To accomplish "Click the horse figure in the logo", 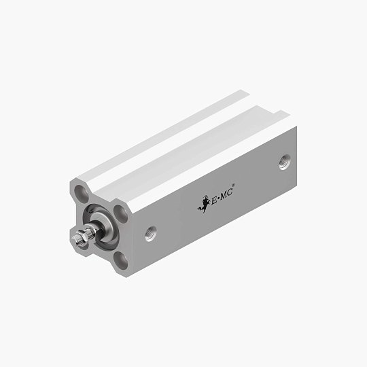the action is point(204,204).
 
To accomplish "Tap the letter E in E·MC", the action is point(214,200).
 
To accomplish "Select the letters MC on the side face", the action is point(226,194).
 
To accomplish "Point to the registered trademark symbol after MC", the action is point(233,185).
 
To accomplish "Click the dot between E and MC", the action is point(219,199).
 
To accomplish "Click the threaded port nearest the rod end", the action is point(150,233).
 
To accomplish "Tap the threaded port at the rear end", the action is point(285,162).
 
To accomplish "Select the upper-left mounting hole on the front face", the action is point(81,194).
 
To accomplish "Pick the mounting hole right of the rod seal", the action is point(120,214).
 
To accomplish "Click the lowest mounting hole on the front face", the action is point(120,260).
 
